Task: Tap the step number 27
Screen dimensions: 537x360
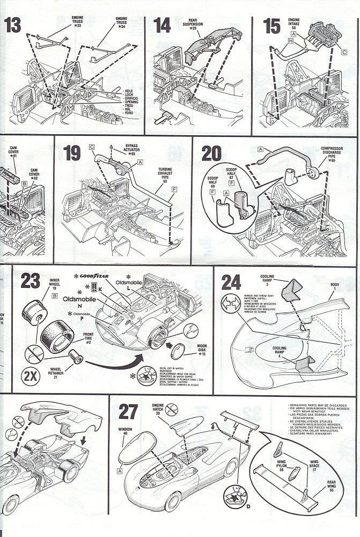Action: pos(128,411)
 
